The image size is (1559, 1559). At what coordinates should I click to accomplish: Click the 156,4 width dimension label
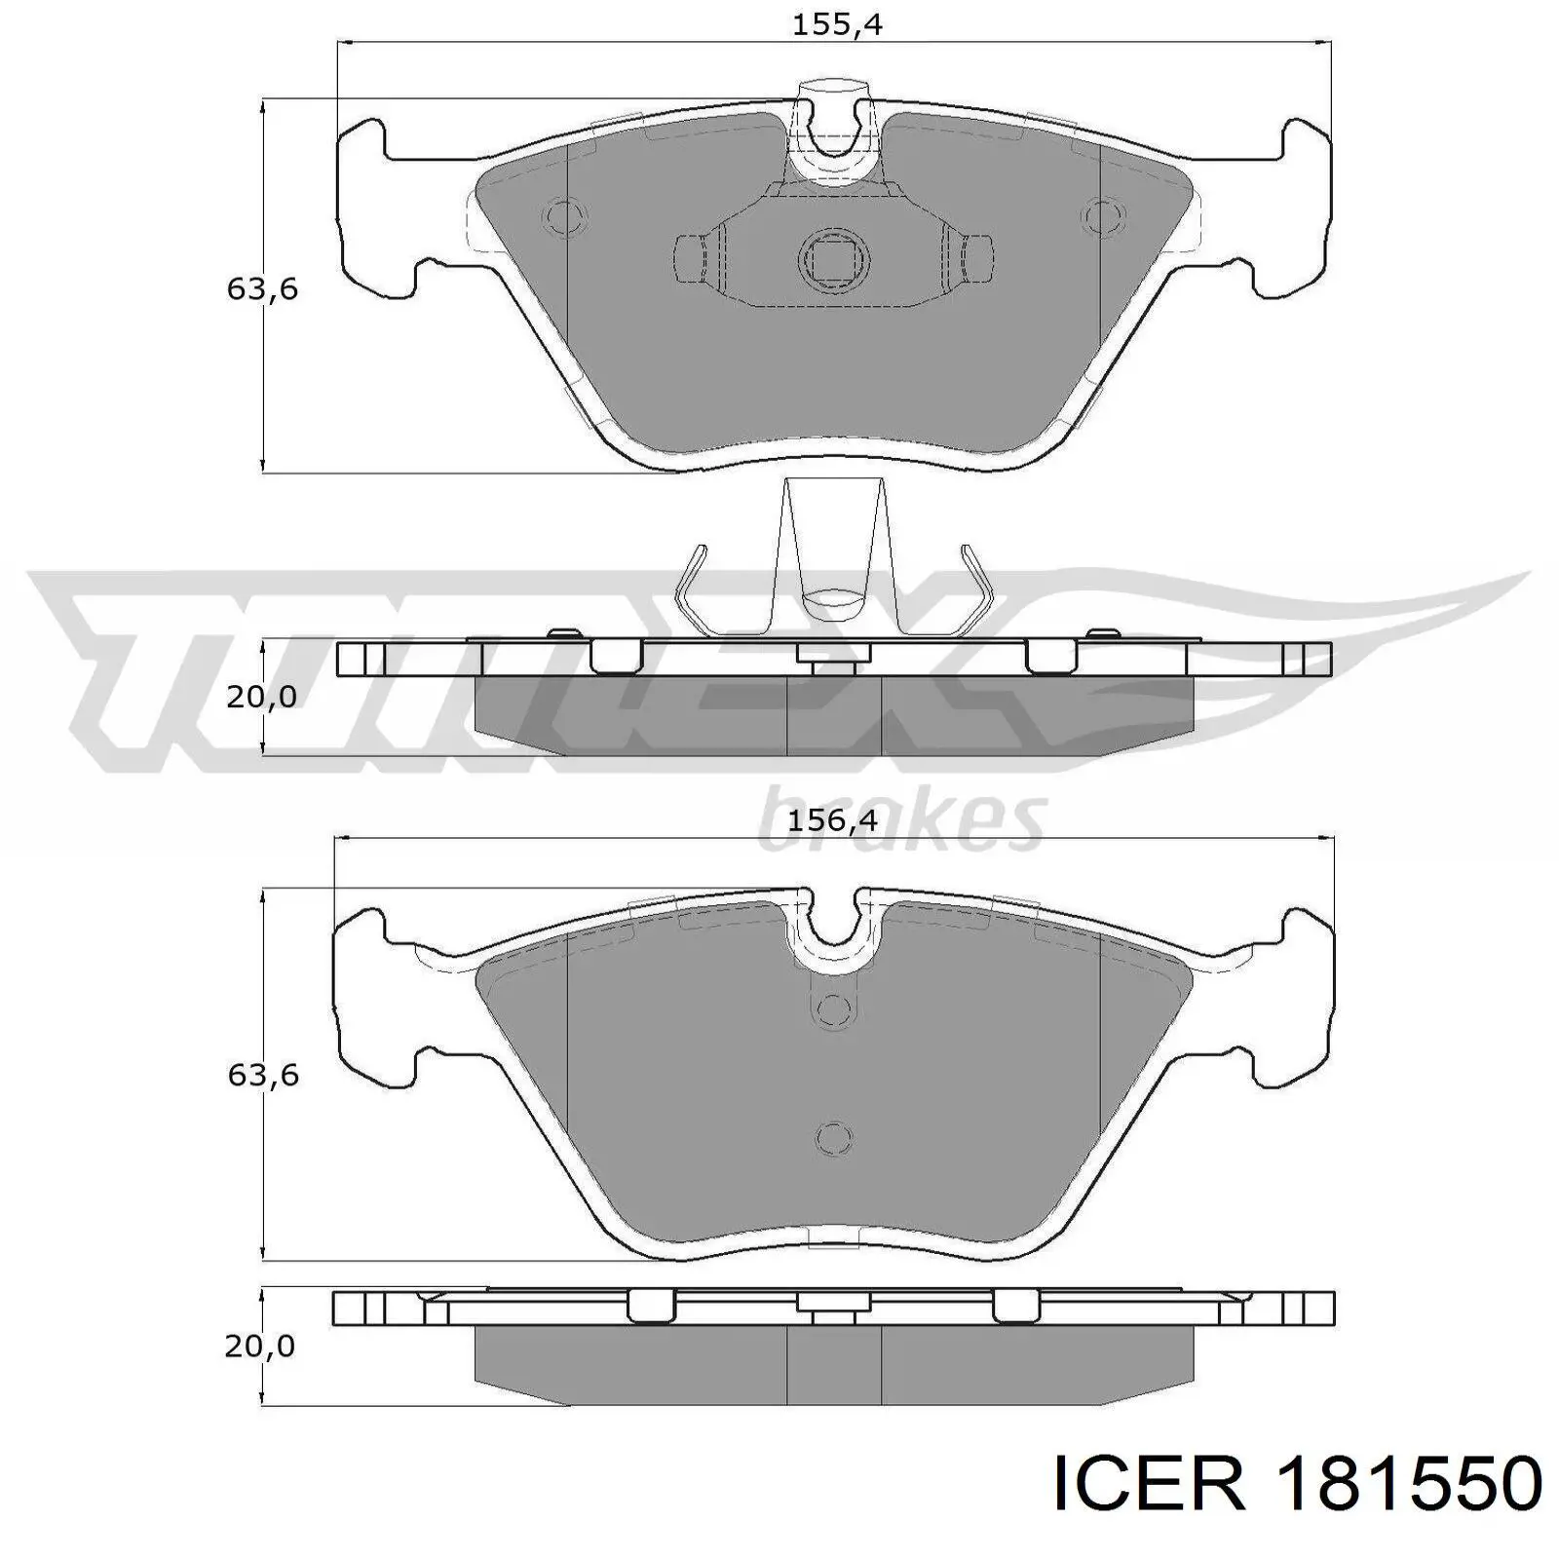click(x=832, y=819)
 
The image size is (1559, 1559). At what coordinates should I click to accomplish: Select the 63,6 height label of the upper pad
click(x=262, y=288)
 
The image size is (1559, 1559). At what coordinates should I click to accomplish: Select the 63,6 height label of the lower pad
click(x=262, y=1075)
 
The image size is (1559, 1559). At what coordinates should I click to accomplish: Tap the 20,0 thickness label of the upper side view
click(x=261, y=696)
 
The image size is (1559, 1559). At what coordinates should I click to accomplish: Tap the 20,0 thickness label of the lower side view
click(x=259, y=1346)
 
